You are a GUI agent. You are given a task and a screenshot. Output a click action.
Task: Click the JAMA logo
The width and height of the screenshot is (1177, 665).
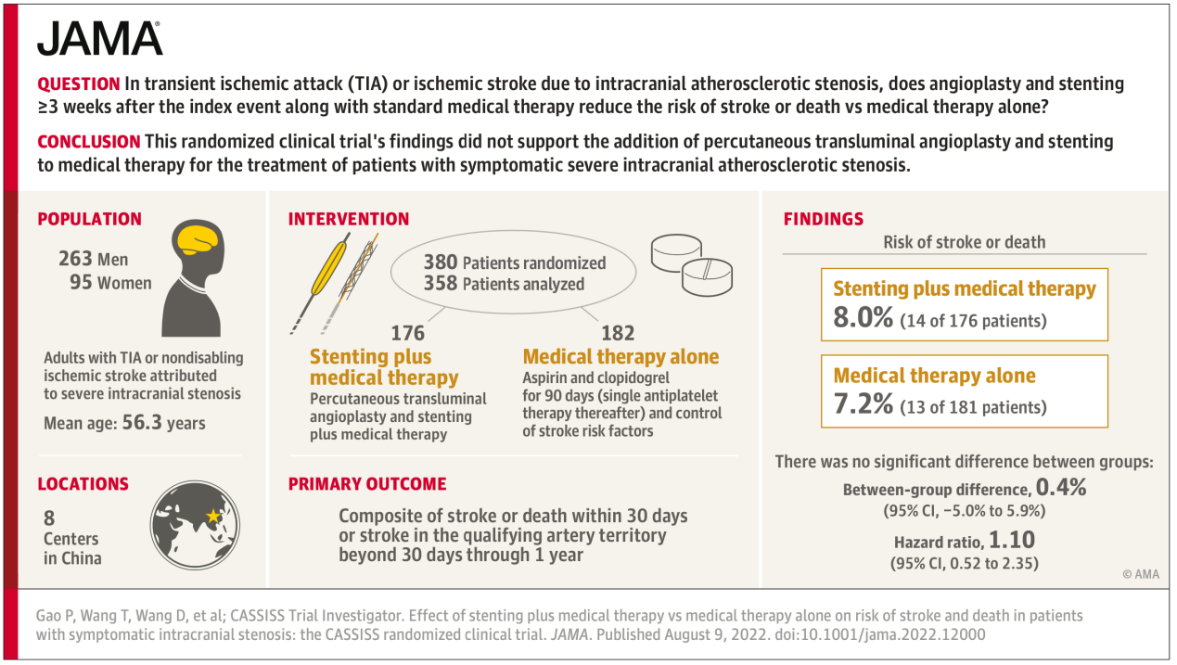99,39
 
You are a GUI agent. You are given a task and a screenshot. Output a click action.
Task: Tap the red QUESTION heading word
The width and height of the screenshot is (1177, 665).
79,84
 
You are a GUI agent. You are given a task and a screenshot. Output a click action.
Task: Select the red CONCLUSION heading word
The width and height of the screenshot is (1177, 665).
89,142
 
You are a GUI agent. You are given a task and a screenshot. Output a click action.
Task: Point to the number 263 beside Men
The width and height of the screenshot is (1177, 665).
75,259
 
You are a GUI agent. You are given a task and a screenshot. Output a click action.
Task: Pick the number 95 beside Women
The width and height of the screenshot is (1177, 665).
81,283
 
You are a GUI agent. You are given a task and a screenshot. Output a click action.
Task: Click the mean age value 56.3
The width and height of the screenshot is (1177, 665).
142,422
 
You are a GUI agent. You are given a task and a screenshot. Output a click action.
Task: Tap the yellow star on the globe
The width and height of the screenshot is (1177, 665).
213,516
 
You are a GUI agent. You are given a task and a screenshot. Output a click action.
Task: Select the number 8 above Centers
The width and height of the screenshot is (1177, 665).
49,518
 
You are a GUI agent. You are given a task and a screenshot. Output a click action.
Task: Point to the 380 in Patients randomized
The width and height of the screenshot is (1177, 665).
441,262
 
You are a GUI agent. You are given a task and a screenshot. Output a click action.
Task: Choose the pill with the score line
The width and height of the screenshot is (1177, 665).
707,276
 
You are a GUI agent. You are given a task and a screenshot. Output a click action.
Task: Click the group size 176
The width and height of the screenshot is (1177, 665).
408,333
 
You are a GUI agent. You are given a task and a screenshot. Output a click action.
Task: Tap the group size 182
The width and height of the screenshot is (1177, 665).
618,333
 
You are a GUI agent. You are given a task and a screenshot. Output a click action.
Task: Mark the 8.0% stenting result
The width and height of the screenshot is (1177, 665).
863,317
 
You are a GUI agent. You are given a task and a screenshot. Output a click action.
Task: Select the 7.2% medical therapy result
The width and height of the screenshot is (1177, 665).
863,403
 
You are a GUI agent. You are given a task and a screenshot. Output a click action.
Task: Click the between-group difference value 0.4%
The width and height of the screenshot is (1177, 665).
1061,488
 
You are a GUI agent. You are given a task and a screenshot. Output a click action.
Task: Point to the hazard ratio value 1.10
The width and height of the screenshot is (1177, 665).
1012,540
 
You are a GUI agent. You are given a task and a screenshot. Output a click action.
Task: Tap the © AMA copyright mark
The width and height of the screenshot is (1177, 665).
1141,574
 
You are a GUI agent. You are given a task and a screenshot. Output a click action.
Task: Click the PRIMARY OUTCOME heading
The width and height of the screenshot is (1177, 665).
367,484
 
